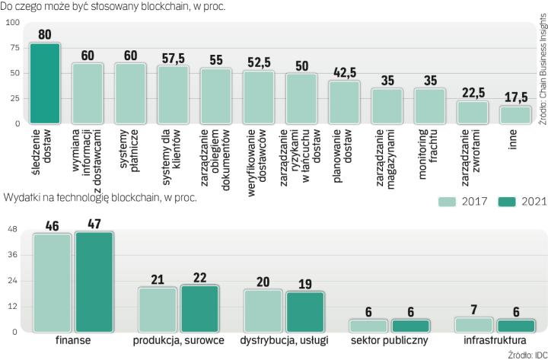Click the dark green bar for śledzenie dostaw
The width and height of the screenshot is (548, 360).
44,83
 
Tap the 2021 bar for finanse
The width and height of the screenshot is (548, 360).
94,282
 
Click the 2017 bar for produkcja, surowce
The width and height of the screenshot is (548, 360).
157,309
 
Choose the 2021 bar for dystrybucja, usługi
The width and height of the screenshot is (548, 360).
304,311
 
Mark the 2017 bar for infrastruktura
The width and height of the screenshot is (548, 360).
473,325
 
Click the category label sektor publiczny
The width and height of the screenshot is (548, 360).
389,340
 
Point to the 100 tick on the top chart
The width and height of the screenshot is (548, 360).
13,22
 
